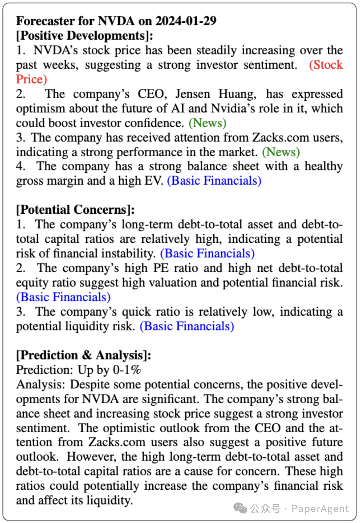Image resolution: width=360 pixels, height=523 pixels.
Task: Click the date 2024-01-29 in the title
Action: point(186,21)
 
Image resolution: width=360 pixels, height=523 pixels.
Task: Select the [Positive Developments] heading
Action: point(85,35)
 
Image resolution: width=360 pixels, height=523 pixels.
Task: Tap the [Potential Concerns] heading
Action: point(75,210)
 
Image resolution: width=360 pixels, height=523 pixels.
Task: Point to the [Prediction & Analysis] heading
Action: point(83,355)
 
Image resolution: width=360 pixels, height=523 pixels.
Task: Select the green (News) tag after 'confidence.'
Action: point(207,123)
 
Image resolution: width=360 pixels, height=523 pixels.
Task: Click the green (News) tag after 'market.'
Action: point(281,152)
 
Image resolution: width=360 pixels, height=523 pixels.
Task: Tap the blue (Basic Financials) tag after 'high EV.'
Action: point(214,181)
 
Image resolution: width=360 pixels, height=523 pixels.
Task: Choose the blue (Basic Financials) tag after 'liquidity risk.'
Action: point(187,326)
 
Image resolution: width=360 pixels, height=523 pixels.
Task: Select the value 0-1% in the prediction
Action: point(127,370)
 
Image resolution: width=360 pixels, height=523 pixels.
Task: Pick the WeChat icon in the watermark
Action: point(240,508)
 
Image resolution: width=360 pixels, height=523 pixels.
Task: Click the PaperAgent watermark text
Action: point(320,509)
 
